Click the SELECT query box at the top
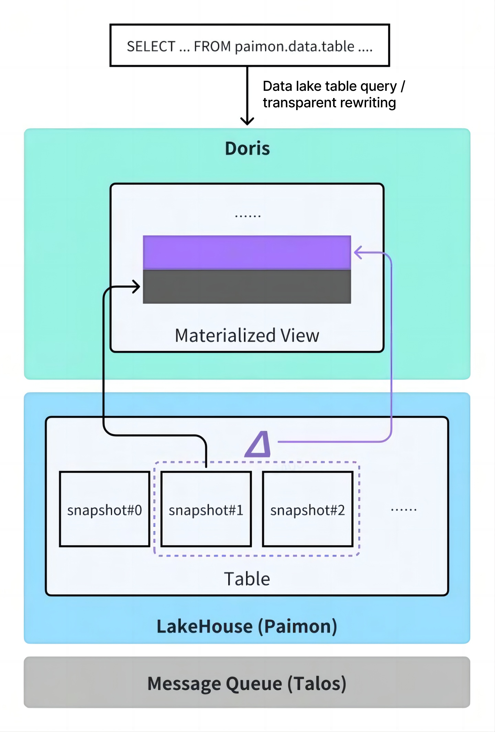(250, 45)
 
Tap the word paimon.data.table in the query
(294, 46)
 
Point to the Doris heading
(247, 149)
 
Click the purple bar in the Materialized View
(247, 252)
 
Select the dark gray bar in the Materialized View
(247, 287)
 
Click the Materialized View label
(247, 335)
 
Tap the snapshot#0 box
(104, 509)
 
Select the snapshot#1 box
(206, 509)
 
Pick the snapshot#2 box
(308, 509)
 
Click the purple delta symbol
(258, 444)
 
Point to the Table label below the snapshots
(247, 579)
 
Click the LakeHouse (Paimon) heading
(247, 626)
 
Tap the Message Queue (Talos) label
(247, 683)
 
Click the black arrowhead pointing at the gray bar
(137, 287)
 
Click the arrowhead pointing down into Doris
(247, 121)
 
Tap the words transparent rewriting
(329, 103)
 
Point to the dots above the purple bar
(247, 216)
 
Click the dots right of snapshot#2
(404, 509)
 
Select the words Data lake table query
(329, 86)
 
